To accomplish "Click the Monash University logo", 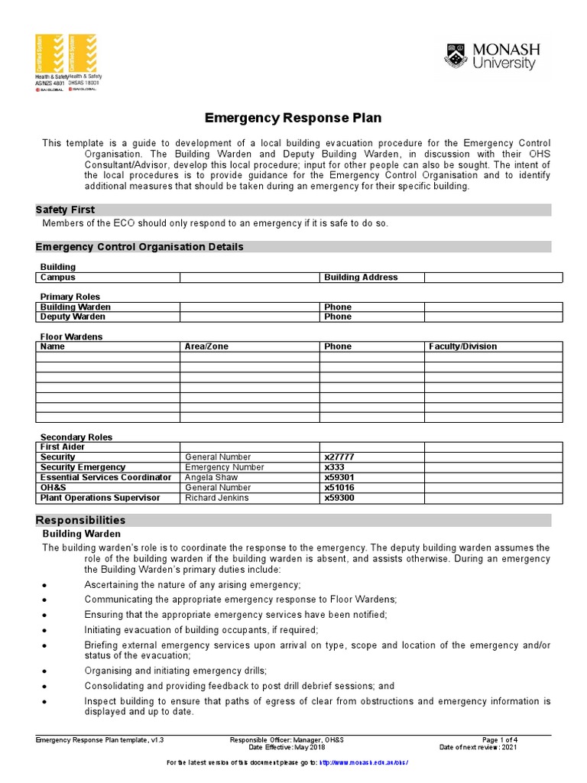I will (492, 57).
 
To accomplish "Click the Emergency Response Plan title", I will (293, 118).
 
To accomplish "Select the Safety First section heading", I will (66, 210).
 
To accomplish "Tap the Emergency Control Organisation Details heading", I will (140, 246).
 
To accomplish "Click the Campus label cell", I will (57, 278).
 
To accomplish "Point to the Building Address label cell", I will (361, 278).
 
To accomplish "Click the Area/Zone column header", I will (206, 346).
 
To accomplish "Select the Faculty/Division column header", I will (463, 346).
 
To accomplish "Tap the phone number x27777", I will (339, 456).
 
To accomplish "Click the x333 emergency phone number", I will (335, 467).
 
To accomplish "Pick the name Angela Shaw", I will (211, 477).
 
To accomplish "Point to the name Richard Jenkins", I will (217, 498).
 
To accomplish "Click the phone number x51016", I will (339, 488).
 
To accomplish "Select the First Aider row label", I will (63, 447).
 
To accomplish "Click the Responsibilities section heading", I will (80, 520).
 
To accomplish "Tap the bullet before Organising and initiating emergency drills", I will (46, 671).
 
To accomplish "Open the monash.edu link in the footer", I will (363, 763).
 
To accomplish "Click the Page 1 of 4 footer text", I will (500, 740).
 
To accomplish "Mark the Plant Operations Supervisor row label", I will (100, 498).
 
